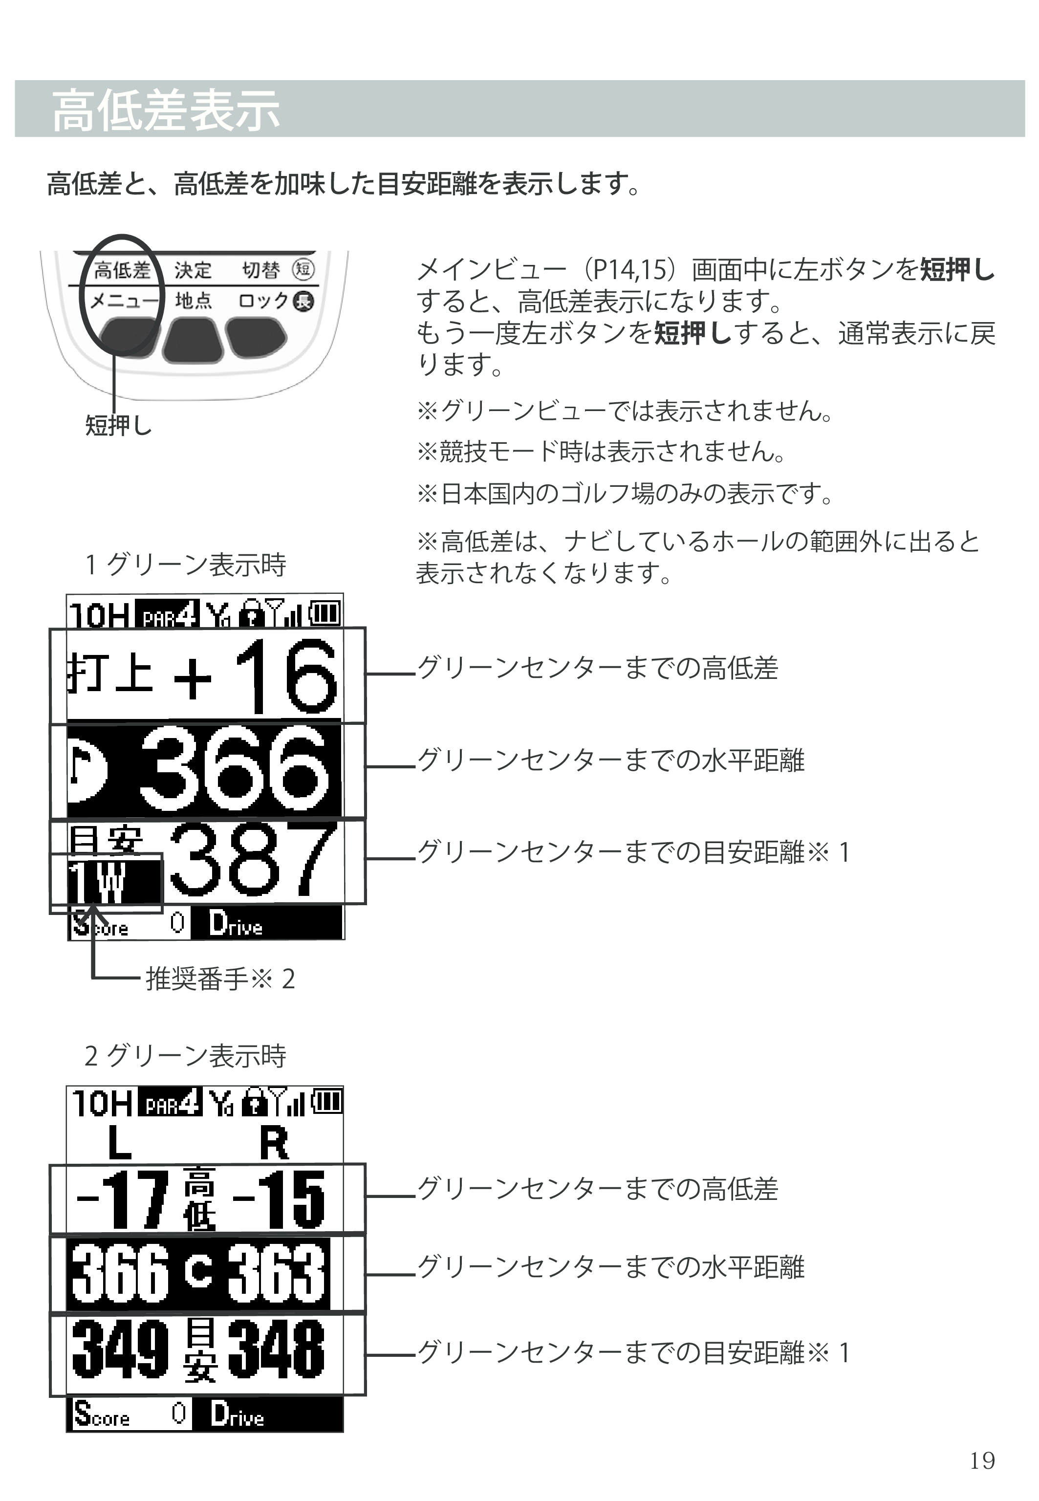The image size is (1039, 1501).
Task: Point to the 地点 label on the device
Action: click(x=194, y=300)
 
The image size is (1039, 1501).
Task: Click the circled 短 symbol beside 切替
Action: click(x=303, y=269)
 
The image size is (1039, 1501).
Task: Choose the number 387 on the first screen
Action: click(x=254, y=859)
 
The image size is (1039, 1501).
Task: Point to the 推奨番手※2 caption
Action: click(x=220, y=979)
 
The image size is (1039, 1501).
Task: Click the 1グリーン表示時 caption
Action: click(x=186, y=565)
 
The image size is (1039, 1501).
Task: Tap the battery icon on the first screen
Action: click(x=325, y=612)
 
